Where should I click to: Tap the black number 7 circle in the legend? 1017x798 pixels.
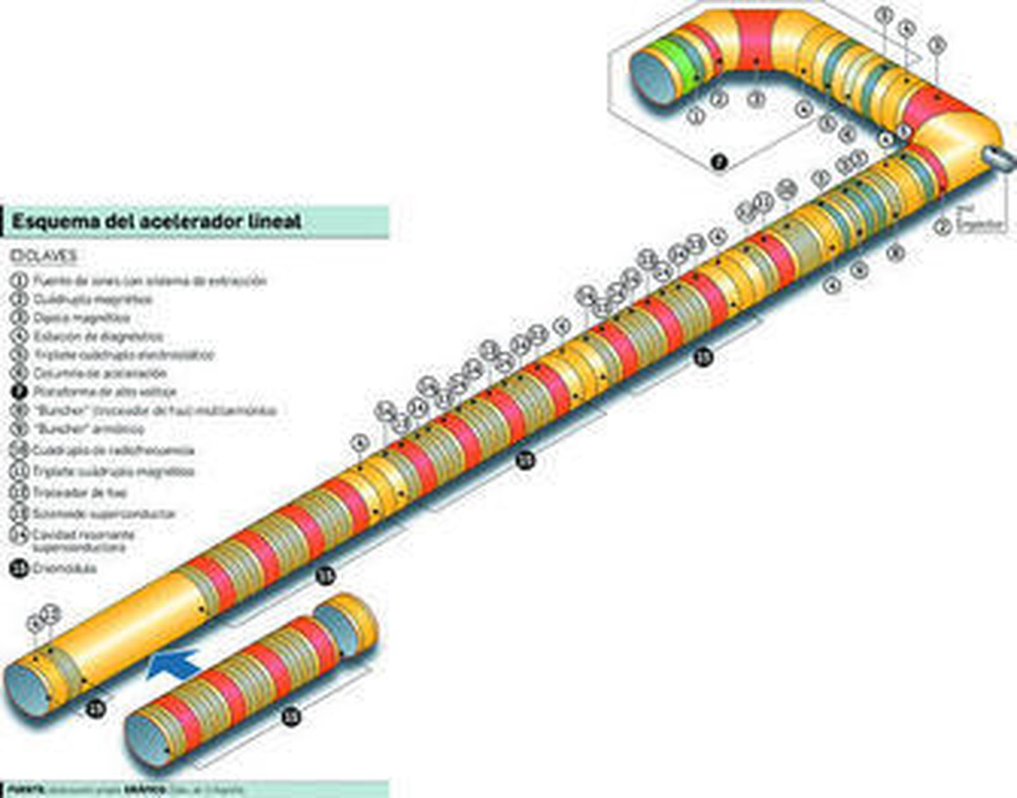pyautogui.click(x=19, y=392)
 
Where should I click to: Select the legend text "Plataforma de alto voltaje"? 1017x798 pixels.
pyautogui.click(x=105, y=392)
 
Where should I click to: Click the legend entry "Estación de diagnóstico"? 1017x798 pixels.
pyautogui.click(x=98, y=336)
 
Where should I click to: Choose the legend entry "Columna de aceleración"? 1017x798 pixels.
pyautogui.click(x=100, y=373)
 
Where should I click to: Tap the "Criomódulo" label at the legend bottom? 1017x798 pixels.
pyautogui.click(x=64, y=569)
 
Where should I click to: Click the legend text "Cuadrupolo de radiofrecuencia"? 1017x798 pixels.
pyautogui.click(x=113, y=450)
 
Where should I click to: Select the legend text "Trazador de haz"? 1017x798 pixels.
pyautogui.click(x=79, y=492)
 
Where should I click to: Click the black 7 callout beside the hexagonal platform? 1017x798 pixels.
pyautogui.click(x=718, y=163)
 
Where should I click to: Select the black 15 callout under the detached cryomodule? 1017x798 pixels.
pyautogui.click(x=291, y=717)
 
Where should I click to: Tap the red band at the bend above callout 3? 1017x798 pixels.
pyautogui.click(x=756, y=38)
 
